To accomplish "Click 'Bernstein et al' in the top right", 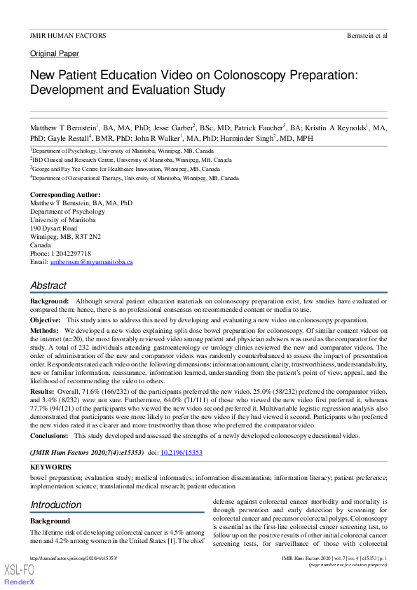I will [367, 35].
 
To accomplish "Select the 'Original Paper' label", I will [54, 54].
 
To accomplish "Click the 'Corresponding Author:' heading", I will [64, 194].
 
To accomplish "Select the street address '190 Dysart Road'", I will [53, 228].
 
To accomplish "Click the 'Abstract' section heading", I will [48, 285].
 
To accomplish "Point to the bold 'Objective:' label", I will [46, 320].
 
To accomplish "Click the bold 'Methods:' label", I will [44, 329].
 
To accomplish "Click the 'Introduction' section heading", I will [55, 505].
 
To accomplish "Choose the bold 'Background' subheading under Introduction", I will [50, 521].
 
